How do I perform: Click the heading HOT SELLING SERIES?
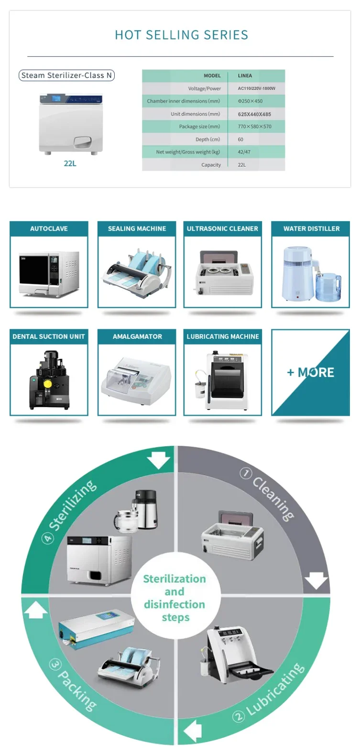tap(181, 35)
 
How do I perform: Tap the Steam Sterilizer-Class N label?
tap(66, 75)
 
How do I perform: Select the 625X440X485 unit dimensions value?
tap(254, 114)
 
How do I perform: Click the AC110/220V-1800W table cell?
tap(257, 88)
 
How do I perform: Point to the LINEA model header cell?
tap(245, 75)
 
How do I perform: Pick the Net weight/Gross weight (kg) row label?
tap(188, 152)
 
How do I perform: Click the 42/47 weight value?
tap(244, 152)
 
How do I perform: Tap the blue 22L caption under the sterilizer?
tap(70, 163)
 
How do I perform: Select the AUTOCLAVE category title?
tap(49, 228)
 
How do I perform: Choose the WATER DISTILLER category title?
tap(311, 228)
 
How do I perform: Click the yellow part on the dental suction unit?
tap(47, 384)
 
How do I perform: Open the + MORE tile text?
tap(310, 372)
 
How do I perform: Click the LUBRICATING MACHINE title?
tap(223, 336)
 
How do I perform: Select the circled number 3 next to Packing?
tap(55, 664)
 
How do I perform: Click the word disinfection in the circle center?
tap(175, 604)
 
